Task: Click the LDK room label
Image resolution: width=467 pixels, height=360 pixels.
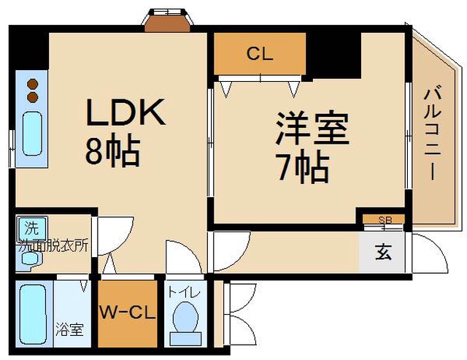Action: pos(126,112)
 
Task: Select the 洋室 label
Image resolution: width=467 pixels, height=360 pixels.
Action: pos(312,128)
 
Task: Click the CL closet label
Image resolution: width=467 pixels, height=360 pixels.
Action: pos(260,54)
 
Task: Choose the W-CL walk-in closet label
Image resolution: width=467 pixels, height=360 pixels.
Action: pos(128,313)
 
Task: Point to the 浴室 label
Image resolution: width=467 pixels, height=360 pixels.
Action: pos(69,329)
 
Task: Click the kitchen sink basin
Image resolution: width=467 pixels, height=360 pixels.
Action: pos(32,134)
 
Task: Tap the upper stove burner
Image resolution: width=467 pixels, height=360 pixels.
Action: pos(32,84)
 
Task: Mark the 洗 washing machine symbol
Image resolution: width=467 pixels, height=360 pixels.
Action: pos(32,228)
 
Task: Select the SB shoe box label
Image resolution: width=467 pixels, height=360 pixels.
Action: pos(385,220)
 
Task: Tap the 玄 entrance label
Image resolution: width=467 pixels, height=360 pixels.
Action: pos(383,252)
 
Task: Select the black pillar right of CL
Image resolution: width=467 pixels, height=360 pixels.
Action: pos(333,55)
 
